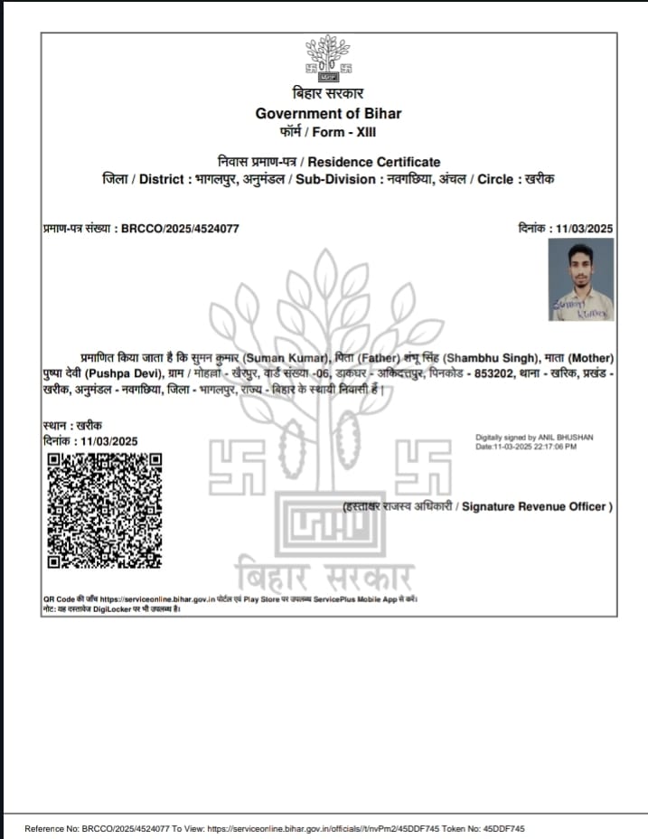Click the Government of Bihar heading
327,113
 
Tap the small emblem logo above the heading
327,59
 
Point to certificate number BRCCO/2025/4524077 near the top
180,229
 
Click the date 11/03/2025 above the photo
583,229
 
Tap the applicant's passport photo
580,279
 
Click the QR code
105,511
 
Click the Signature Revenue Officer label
537,506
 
